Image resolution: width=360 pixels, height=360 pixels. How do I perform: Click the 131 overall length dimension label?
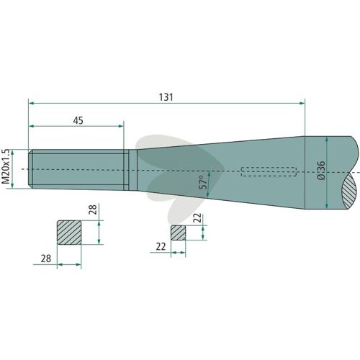[166, 97]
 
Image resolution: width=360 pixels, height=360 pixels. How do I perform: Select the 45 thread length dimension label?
[78, 120]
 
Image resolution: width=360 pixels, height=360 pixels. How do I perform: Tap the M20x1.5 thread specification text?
[6, 166]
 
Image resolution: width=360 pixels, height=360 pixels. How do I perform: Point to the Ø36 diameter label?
[321, 171]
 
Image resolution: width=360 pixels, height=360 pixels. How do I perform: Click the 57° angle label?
[203, 182]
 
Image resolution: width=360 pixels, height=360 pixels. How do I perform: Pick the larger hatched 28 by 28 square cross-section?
[69, 233]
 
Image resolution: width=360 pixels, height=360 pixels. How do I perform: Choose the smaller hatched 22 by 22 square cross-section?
[178, 233]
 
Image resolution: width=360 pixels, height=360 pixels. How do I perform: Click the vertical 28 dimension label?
[93, 210]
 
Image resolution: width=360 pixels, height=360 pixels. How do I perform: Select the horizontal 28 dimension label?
[46, 258]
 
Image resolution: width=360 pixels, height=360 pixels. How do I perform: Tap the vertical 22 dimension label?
[197, 218]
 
